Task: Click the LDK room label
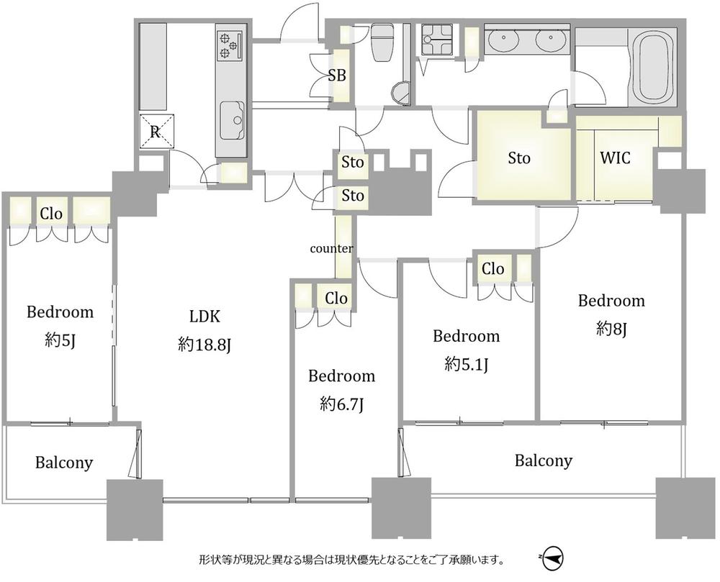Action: point(204,317)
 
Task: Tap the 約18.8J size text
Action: point(204,345)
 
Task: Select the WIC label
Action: point(616,158)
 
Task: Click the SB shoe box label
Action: point(337,76)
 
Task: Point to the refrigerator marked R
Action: point(156,131)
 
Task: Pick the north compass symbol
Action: point(552,559)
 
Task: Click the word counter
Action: point(331,249)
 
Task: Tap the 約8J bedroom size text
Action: point(611,329)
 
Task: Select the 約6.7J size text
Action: point(341,404)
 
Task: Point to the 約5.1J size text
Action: point(466,365)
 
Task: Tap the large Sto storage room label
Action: point(519,158)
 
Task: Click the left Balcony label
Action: point(64,463)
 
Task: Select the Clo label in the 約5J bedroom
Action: point(51,214)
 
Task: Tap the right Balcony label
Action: point(544,460)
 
